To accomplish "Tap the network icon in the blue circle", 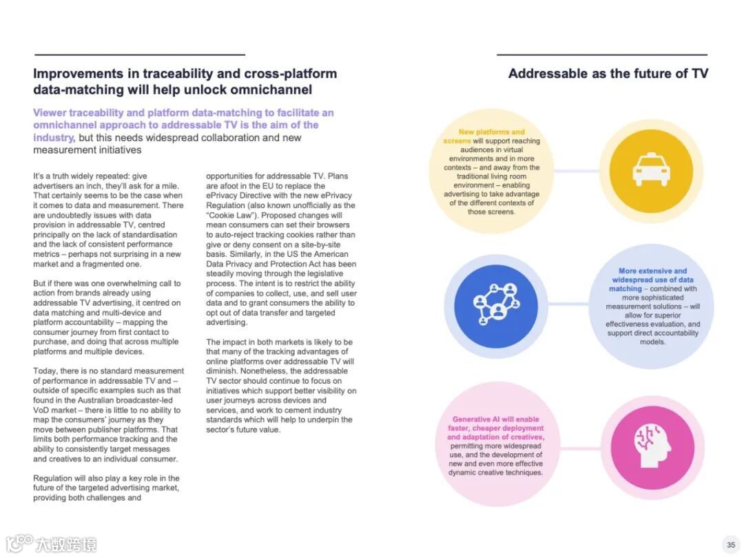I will click(x=490, y=302).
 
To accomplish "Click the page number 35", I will click(x=730, y=544).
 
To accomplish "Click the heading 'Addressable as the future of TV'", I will click(x=608, y=74).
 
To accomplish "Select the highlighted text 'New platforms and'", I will click(x=491, y=132).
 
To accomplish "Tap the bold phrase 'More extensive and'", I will click(x=652, y=271).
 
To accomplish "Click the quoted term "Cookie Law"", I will click(x=229, y=215).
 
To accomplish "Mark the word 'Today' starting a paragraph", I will click(x=45, y=371).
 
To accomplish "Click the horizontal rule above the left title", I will click(x=140, y=54).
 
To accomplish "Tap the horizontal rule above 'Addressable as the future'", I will click(x=601, y=54).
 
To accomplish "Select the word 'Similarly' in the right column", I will click(x=251, y=254).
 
